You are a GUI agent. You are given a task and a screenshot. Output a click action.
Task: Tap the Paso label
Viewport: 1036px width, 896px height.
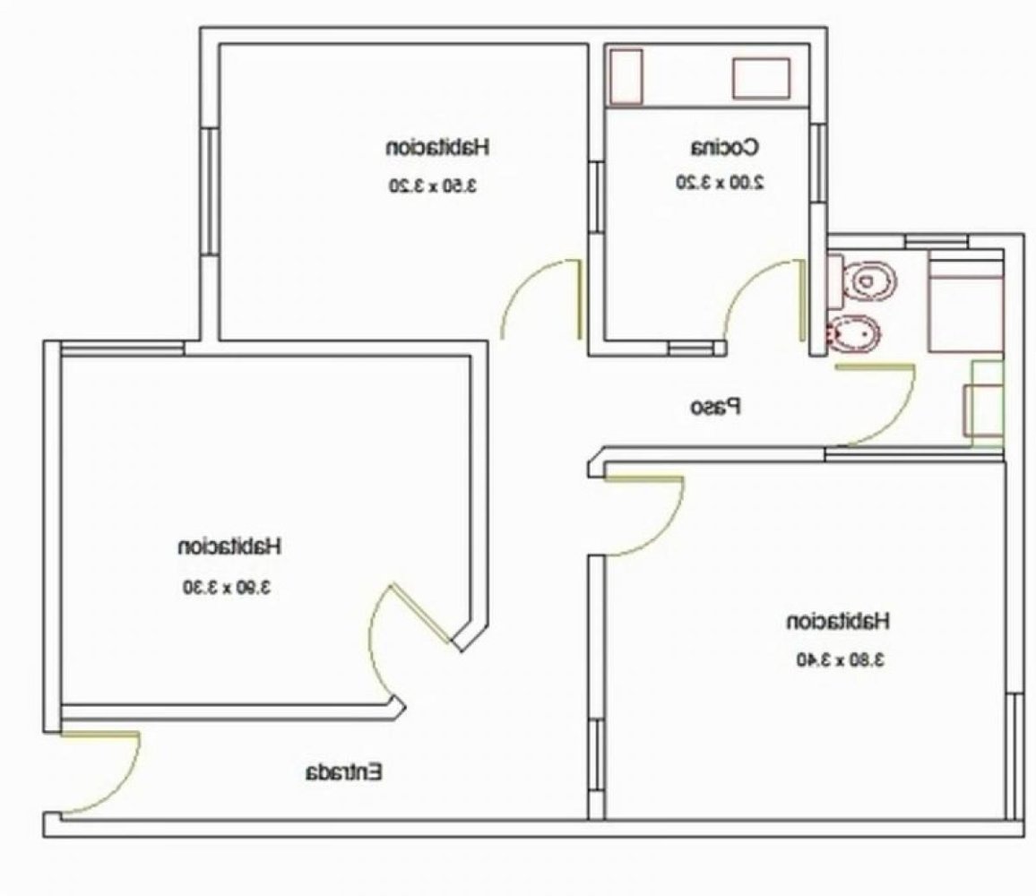click(716, 407)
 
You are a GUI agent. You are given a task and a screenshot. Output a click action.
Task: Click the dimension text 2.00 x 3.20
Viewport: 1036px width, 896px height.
click(720, 182)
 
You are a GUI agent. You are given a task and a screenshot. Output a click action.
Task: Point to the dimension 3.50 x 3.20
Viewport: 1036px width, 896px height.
click(437, 185)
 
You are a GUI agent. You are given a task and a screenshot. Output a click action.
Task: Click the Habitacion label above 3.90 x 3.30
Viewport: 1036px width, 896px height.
click(230, 545)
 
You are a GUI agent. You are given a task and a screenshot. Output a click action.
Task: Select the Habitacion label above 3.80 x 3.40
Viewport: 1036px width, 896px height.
click(838, 619)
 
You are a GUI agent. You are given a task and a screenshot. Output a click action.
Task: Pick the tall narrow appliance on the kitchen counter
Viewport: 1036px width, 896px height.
click(627, 76)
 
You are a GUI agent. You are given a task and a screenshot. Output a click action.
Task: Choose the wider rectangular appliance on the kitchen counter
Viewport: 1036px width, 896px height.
click(761, 78)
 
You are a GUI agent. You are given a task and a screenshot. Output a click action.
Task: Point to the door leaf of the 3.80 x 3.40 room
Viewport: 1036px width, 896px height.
click(644, 478)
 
